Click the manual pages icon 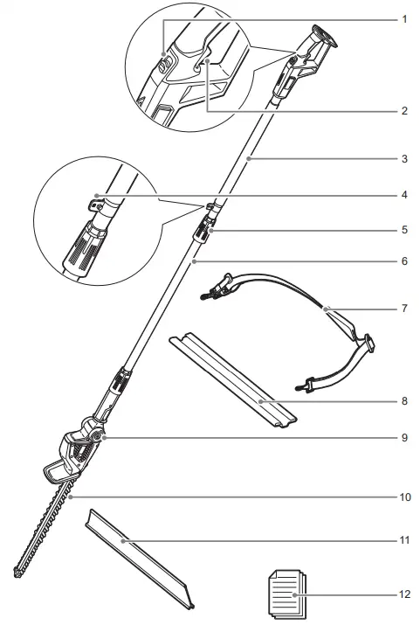coord(284,593)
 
